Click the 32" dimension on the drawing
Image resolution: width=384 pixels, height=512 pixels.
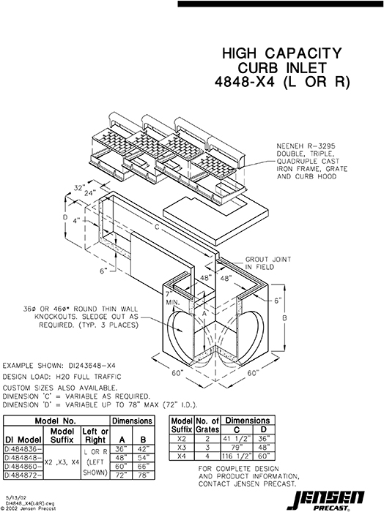(78, 188)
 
